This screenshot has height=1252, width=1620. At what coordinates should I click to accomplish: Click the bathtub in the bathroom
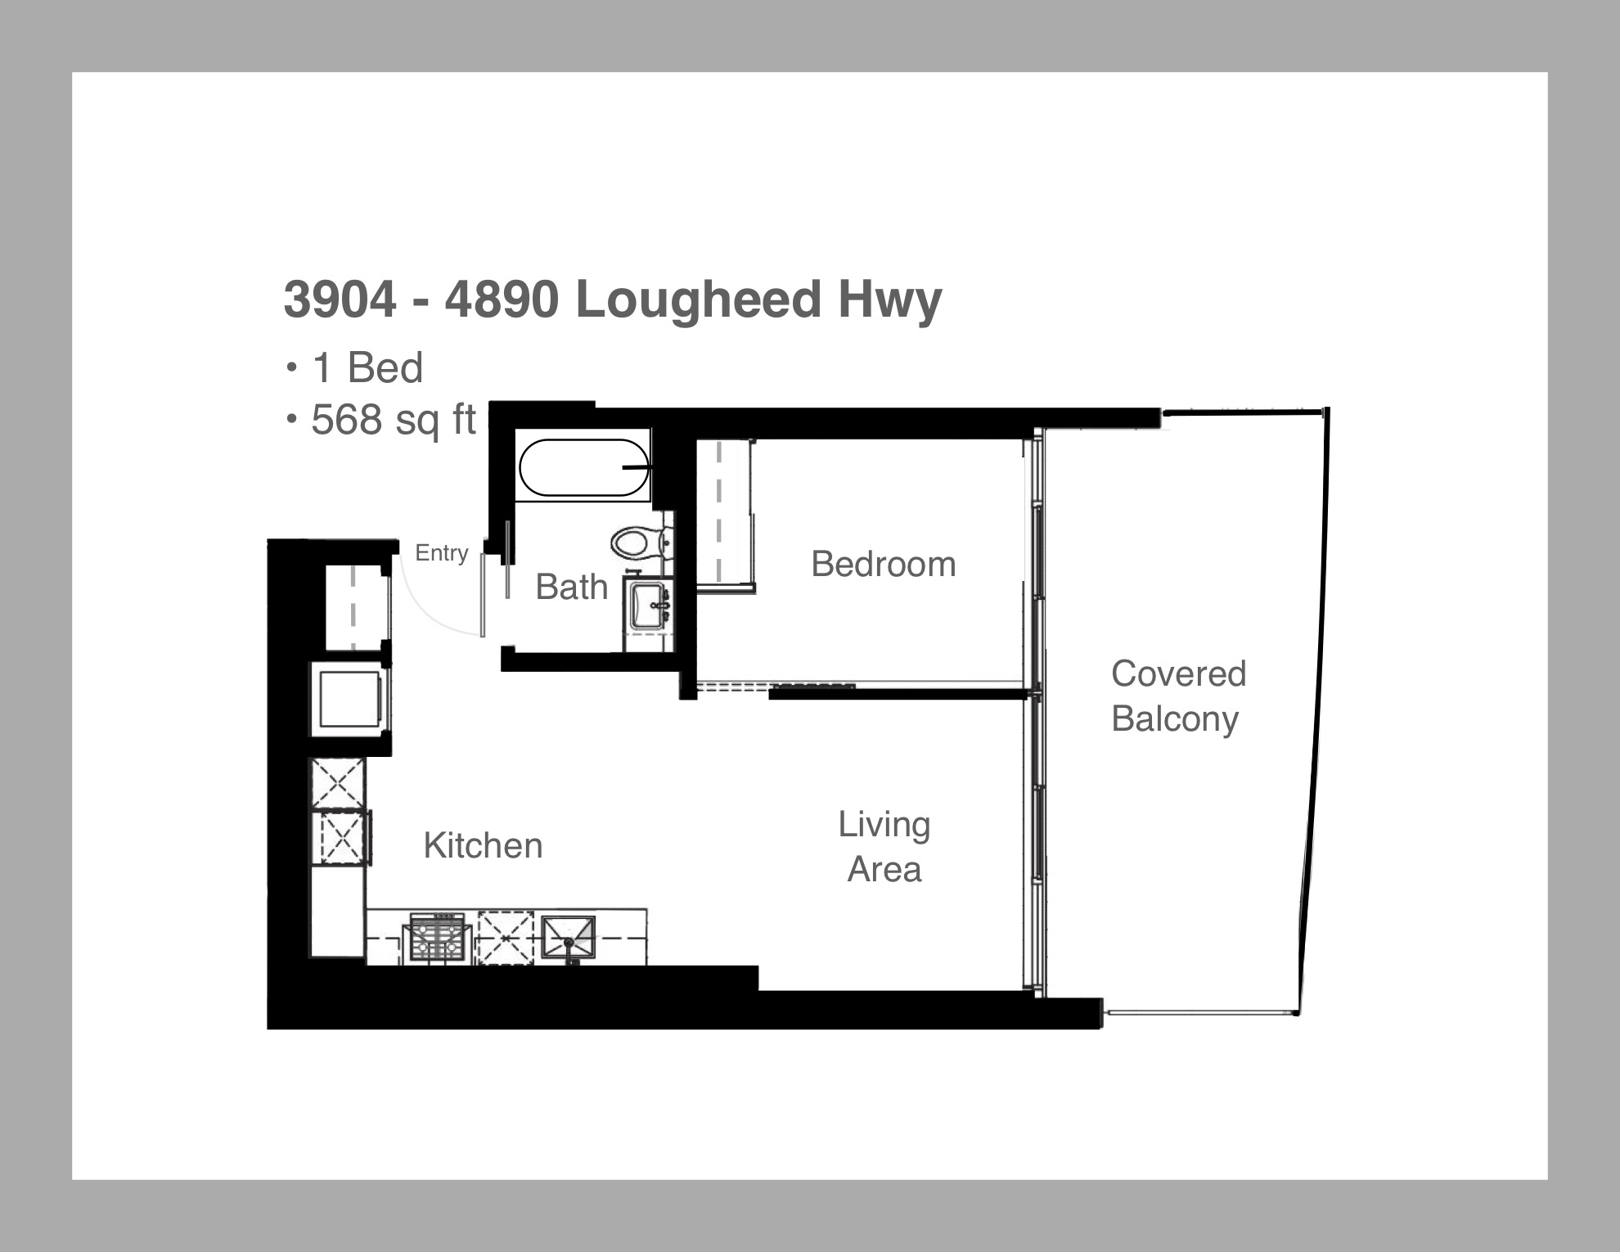tap(583, 468)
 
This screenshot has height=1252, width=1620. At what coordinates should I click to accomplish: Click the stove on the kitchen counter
tap(437, 937)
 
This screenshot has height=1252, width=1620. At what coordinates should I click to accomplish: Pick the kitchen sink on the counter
tap(568, 938)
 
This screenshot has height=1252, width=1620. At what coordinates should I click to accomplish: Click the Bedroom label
tap(884, 564)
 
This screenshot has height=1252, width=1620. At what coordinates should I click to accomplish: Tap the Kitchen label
tap(483, 845)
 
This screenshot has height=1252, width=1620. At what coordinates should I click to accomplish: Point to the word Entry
tap(442, 554)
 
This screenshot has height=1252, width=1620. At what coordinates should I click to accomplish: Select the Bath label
tap(572, 587)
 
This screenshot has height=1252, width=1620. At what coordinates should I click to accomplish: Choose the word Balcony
tap(1175, 720)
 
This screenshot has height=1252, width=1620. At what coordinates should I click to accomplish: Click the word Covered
tap(1179, 673)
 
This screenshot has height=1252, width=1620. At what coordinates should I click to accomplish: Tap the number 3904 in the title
tap(340, 299)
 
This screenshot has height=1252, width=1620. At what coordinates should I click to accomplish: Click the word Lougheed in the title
tap(699, 299)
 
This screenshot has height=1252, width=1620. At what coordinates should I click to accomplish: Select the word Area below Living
tap(884, 869)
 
